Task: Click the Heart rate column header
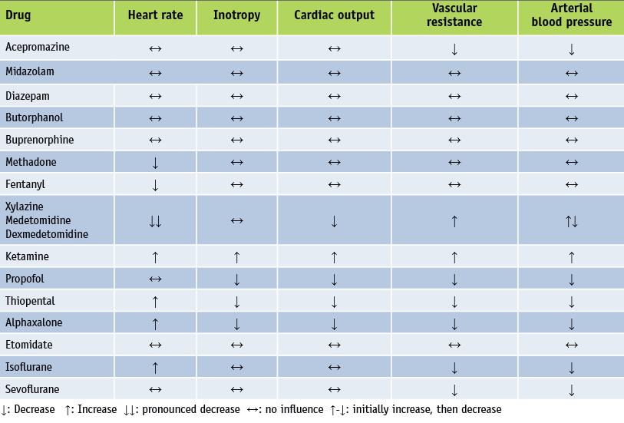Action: click(x=155, y=15)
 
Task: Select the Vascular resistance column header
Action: click(x=454, y=16)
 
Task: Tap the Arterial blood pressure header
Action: click(x=571, y=16)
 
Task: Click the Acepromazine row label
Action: click(x=38, y=47)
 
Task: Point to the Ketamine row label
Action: click(x=27, y=256)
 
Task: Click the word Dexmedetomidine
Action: click(x=47, y=234)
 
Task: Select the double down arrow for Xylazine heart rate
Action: click(x=155, y=221)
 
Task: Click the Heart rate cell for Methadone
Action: click(x=155, y=163)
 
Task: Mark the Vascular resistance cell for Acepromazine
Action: click(x=454, y=49)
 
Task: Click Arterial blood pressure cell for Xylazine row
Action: click(x=571, y=221)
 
